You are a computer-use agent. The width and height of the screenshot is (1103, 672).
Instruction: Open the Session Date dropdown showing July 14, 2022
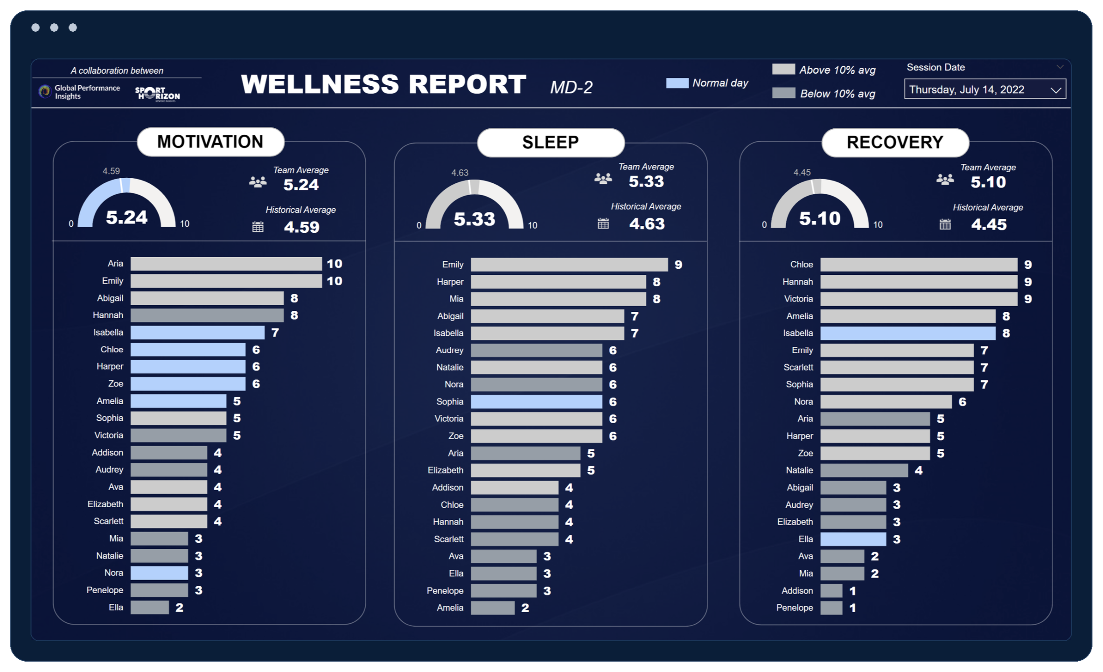984,89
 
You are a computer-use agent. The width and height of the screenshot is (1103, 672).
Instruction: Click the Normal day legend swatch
677,83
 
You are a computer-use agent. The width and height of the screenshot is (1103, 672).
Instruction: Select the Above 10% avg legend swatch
783,69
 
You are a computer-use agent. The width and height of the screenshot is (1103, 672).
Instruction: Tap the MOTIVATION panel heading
210,142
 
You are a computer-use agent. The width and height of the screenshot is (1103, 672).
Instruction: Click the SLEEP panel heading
551,142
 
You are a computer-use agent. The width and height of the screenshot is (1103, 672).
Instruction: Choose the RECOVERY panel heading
895,142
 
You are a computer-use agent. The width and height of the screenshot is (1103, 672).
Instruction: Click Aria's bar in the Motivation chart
226,264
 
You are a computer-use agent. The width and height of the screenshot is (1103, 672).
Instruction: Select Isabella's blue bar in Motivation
197,332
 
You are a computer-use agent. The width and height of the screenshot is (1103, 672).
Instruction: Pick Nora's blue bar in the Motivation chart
159,573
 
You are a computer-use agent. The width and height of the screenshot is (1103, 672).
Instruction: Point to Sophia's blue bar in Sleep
537,401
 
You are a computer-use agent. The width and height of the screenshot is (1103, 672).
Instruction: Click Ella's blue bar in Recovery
853,539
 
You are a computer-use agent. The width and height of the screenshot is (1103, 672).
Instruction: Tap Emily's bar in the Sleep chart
569,265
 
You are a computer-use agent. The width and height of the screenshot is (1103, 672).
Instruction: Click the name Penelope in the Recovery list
795,608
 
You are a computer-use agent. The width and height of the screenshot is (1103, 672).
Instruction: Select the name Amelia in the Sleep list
450,608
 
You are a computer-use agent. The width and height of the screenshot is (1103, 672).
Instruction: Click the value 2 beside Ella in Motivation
179,607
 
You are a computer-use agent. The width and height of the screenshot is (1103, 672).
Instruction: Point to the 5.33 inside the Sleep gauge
475,219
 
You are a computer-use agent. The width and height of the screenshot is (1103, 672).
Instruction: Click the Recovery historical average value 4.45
989,224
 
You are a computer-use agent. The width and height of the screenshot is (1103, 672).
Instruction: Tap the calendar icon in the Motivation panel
258,227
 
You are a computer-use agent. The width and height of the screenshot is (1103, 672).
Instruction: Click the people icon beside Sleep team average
603,179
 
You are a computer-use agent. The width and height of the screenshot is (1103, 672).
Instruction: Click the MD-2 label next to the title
571,87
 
